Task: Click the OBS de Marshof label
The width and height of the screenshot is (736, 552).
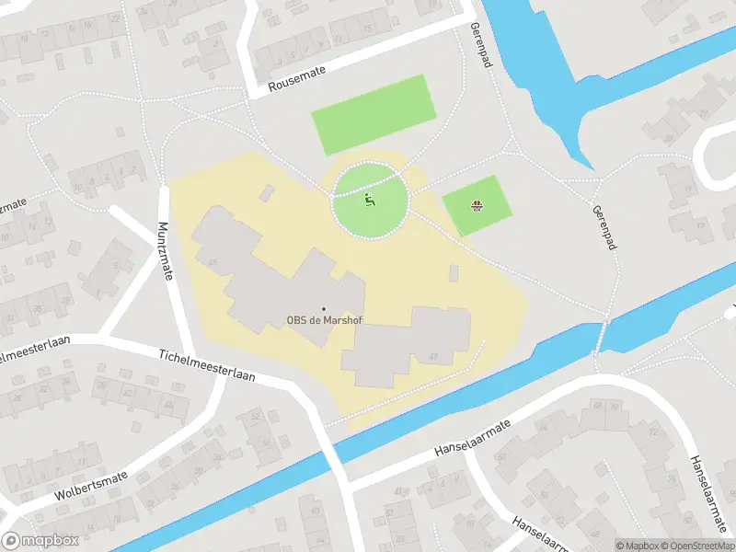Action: [324, 321]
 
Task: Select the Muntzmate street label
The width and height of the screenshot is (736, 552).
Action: [166, 249]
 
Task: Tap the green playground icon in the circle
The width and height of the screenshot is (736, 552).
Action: [370, 200]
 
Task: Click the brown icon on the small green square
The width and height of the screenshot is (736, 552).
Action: [476, 205]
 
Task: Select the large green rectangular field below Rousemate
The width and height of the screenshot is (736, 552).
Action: [373, 114]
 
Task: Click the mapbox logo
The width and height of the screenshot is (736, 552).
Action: [40, 541]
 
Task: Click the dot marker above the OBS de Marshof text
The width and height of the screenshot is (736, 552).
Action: [323, 308]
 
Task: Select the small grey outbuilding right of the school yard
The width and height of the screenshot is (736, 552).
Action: [454, 273]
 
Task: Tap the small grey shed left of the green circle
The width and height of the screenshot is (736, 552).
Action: [267, 192]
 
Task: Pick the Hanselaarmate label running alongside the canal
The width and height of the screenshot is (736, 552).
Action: [472, 440]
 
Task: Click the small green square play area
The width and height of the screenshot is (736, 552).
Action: [476, 204]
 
